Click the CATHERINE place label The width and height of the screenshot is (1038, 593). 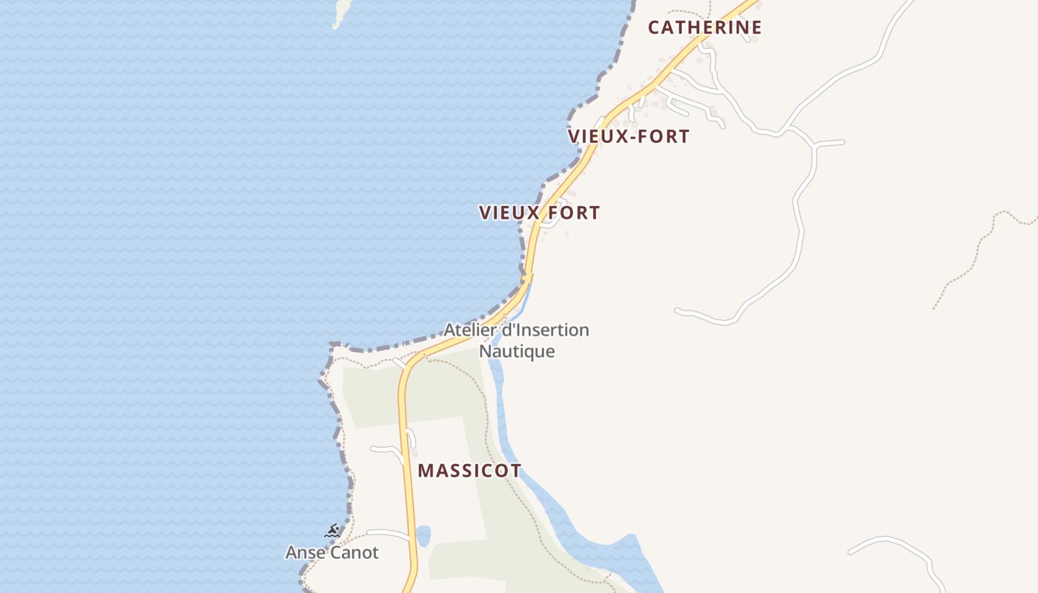click(x=704, y=27)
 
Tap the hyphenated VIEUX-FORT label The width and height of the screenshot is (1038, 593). click(x=629, y=136)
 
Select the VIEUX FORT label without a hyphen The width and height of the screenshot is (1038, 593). click(x=539, y=213)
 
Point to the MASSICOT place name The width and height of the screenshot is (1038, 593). click(x=469, y=471)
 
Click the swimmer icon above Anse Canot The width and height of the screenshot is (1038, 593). click(x=332, y=531)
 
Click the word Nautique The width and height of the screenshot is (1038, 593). click(x=517, y=351)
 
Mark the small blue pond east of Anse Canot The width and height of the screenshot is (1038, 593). click(x=423, y=535)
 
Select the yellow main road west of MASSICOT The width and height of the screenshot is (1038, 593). click(x=406, y=460)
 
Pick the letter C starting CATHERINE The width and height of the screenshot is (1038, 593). click(x=654, y=27)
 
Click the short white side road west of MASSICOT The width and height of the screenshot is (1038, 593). click(x=386, y=449)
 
